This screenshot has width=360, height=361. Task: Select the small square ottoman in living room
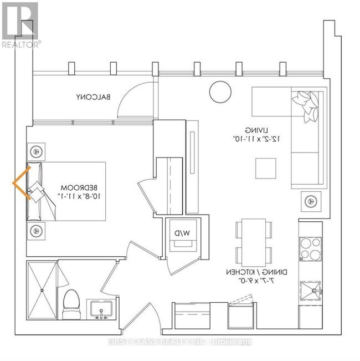(x=265, y=168)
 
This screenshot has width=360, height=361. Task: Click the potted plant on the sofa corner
(x=307, y=105)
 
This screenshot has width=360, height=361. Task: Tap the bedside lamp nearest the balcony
(x=37, y=151)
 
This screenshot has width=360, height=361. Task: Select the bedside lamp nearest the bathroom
(x=37, y=230)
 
